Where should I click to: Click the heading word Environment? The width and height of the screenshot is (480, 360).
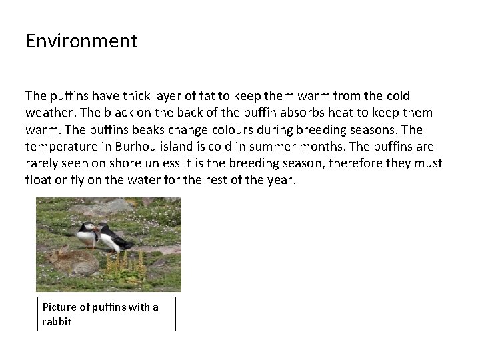(x=81, y=41)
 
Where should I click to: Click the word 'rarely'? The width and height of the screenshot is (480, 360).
(x=43, y=163)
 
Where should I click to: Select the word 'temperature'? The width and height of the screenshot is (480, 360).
(x=62, y=146)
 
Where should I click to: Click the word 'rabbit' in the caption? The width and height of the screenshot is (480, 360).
(x=56, y=321)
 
